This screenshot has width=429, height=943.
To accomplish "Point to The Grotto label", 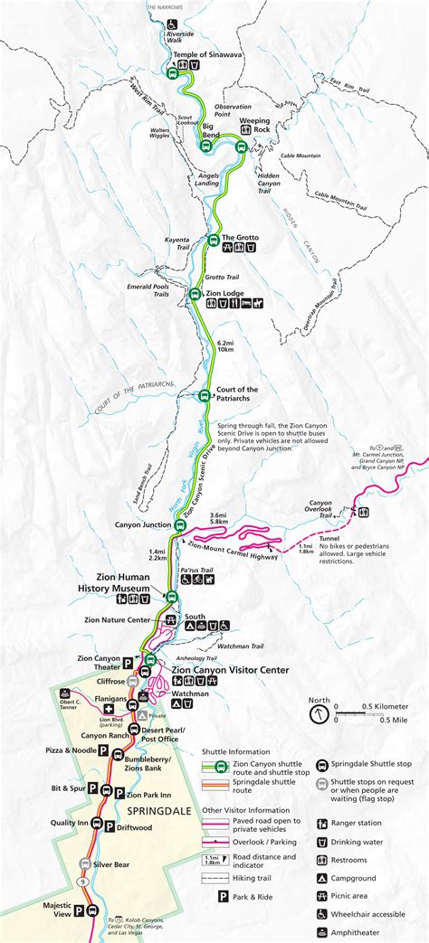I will tap(240, 238).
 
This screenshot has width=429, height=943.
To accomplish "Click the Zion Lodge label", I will tap(224, 293).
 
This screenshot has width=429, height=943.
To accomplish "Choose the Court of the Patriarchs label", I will tap(237, 394).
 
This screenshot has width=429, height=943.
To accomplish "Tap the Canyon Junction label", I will tap(143, 524).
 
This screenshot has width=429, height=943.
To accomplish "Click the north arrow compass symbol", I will tap(319, 713).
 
